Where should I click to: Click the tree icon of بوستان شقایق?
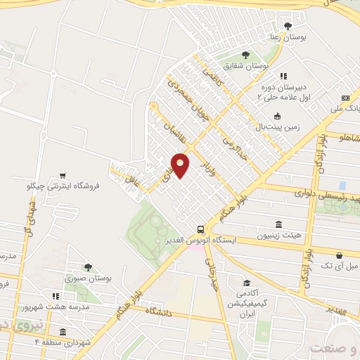tap(245, 54)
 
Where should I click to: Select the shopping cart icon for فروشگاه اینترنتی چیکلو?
tap(63, 175)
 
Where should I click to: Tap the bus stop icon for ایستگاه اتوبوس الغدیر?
tap(201, 229)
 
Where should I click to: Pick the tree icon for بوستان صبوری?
tap(87, 267)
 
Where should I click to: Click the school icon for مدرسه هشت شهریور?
tap(56, 296)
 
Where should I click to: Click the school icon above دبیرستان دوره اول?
tap(283, 76)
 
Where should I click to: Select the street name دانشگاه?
tap(160, 310)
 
